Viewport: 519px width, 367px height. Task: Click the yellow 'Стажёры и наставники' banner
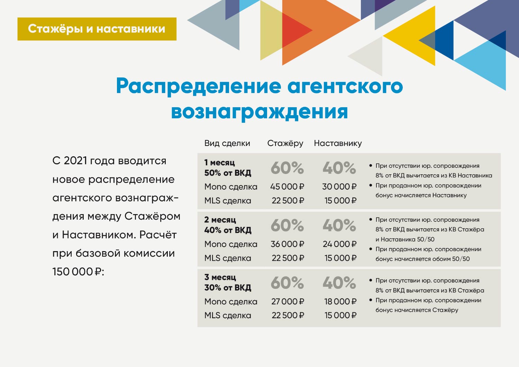97,29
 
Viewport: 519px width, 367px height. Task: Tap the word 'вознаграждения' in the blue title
259,112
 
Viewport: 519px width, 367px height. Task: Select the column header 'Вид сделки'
227,143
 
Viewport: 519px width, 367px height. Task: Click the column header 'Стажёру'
285,143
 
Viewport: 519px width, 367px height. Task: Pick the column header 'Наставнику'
338,143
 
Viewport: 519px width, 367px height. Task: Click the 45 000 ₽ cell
287,187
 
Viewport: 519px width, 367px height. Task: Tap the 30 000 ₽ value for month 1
339,187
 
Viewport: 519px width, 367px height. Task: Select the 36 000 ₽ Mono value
287,244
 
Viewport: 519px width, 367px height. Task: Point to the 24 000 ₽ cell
339,244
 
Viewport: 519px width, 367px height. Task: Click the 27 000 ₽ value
288,302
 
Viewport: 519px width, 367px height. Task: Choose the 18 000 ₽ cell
340,302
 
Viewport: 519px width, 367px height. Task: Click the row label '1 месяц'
219,163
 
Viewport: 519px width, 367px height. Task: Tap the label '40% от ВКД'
227,230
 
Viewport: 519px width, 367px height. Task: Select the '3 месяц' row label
220,277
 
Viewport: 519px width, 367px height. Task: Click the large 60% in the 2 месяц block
287,226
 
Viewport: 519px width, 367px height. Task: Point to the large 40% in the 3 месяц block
339,283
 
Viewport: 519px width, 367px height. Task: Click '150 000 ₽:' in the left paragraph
78,272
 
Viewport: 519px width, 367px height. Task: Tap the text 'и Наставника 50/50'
405,239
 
